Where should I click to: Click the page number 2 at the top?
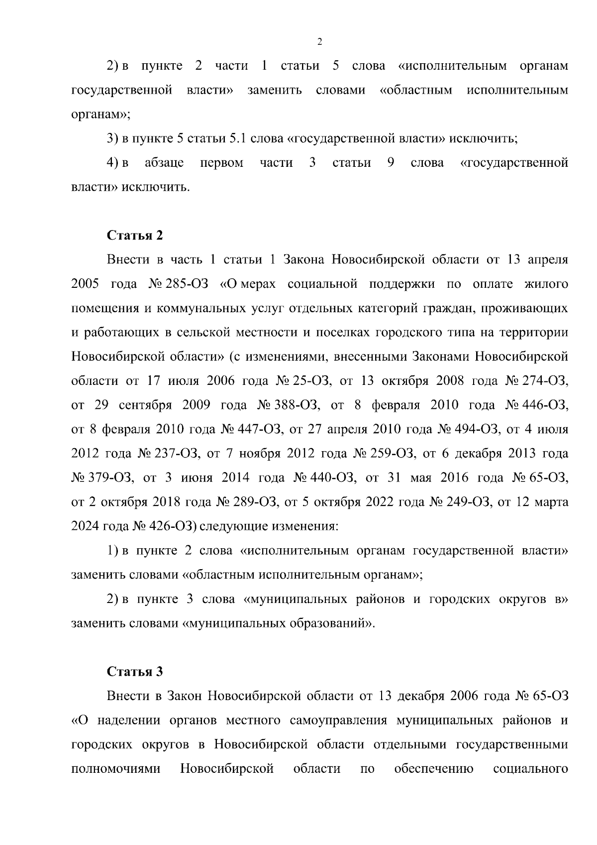click(319, 42)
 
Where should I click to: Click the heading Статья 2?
click(135, 236)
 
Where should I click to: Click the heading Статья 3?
click(135, 672)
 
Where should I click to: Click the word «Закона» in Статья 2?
click(303, 260)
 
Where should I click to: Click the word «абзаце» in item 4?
click(164, 163)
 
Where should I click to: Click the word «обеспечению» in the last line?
click(433, 769)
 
